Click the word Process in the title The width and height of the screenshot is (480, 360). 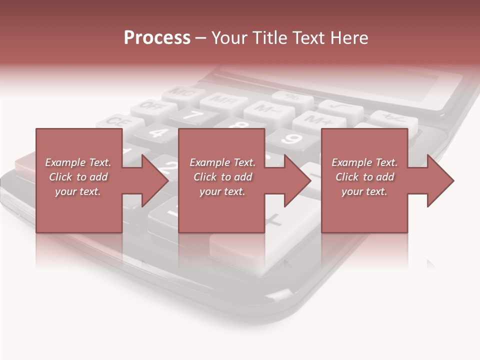(157, 38)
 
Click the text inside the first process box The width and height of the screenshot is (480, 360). (78, 177)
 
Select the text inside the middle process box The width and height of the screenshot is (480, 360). (222, 177)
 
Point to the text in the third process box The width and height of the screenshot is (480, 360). (364, 177)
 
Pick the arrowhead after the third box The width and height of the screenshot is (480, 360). (439, 180)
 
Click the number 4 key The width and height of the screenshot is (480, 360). (158, 132)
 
